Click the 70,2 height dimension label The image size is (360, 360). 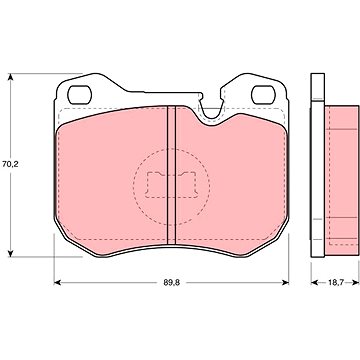(x=10, y=164)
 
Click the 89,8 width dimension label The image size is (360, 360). (x=171, y=283)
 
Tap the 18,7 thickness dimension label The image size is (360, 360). (x=335, y=283)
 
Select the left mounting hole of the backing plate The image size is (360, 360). (x=80, y=95)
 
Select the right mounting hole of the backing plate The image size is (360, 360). (x=263, y=95)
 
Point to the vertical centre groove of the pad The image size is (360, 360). (x=171, y=176)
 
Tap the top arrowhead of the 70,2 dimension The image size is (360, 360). (x=11, y=77)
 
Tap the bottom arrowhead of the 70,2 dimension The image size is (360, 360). (x=11, y=253)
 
